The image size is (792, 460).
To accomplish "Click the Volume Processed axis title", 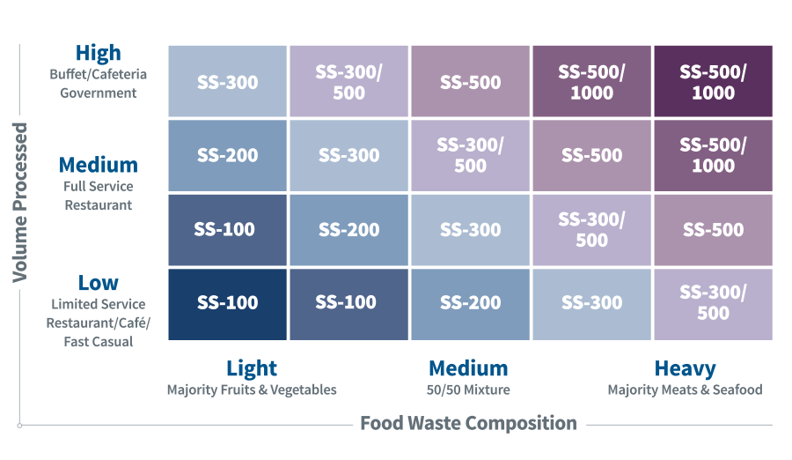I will pos(19,203).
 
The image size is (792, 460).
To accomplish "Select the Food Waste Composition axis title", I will pos(468,424).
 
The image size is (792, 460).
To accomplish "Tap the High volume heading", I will pos(98,53).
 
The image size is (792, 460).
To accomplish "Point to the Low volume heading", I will pos(98,283).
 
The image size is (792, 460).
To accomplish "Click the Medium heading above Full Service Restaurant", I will pos(98,165).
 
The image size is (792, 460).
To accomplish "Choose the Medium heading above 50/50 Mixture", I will pos(468,368).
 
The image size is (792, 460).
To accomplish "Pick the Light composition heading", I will pos(252,368).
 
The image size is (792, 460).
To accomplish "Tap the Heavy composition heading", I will pos(685,368).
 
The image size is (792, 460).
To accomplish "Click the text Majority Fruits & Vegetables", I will pos(252,390).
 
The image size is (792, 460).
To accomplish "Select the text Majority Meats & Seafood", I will pos(685,390).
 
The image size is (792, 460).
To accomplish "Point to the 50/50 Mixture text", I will pos(468,390).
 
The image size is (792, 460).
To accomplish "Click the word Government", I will pos(98,93).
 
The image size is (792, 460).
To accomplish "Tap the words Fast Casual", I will pos(98,341).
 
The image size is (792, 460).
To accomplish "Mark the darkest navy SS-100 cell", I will pos(227,303).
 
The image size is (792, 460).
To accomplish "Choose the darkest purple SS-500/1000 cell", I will pos(713,82).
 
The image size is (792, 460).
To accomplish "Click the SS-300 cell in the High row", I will pos(227,82).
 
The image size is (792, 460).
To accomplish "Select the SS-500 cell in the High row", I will pos(470,82).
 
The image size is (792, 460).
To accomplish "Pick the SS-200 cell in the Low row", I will pos(470,303).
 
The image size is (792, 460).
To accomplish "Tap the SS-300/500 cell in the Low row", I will pos(713,303).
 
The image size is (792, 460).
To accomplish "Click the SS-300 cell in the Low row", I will pos(591,303).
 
